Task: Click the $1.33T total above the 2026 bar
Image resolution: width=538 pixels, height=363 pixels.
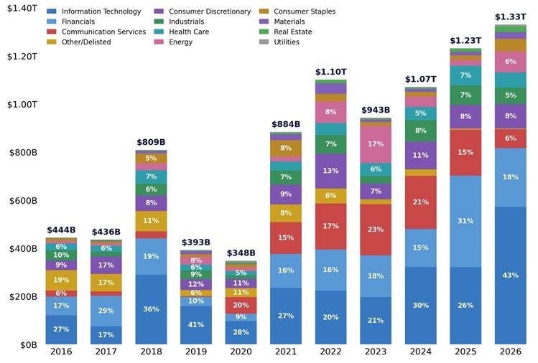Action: pos(510,16)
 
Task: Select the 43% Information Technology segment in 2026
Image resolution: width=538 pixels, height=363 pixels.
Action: pos(510,275)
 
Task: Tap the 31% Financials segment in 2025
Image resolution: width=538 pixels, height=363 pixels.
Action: pos(465,221)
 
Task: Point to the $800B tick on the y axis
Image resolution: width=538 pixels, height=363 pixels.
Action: pos(23,152)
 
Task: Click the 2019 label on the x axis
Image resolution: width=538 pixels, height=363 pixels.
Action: pos(196,352)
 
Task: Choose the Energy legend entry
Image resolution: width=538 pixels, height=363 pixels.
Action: pos(173,42)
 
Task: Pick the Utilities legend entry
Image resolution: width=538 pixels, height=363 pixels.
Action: pos(279,42)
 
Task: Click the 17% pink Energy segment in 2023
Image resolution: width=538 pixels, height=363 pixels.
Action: pos(376,144)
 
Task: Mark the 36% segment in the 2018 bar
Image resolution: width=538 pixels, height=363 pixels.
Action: pos(151,309)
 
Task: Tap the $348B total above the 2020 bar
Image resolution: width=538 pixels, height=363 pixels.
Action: pos(241,253)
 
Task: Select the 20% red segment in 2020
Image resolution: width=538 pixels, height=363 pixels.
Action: pos(241,305)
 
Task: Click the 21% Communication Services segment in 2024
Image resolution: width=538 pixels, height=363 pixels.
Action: pos(421,202)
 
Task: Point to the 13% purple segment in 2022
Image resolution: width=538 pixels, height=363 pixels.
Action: pos(330,171)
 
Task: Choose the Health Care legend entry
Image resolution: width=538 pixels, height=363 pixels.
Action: pos(182,32)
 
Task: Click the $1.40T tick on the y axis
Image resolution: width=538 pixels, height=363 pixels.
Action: pos(22,8)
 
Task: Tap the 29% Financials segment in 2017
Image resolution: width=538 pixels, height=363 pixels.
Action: pos(106,311)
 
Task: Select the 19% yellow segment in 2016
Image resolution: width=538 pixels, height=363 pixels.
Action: pos(61,280)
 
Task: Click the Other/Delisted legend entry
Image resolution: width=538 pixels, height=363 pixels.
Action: pos(79,42)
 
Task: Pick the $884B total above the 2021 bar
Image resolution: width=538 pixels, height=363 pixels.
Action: pos(286,124)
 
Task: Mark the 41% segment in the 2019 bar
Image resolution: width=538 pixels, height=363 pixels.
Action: pos(196,324)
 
